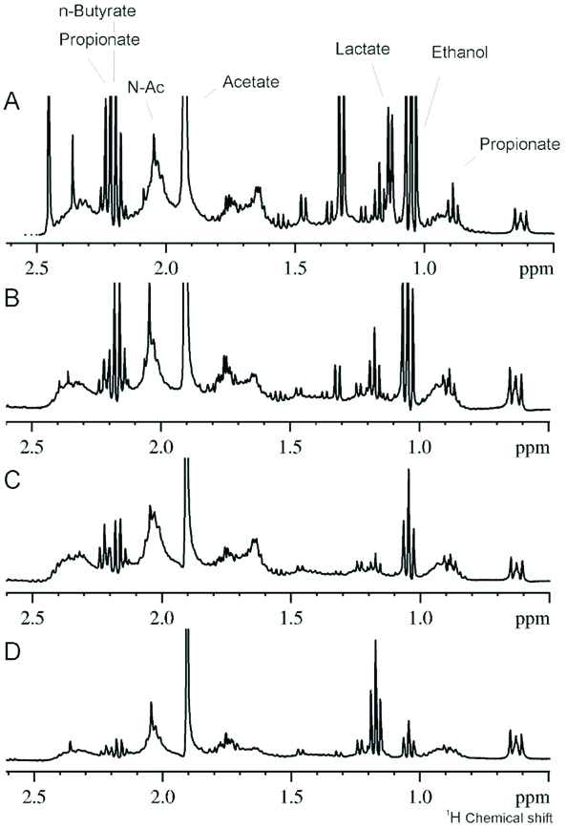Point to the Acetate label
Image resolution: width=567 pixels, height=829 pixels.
pyautogui.click(x=250, y=82)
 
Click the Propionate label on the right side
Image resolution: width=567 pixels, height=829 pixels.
pyautogui.click(x=518, y=144)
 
